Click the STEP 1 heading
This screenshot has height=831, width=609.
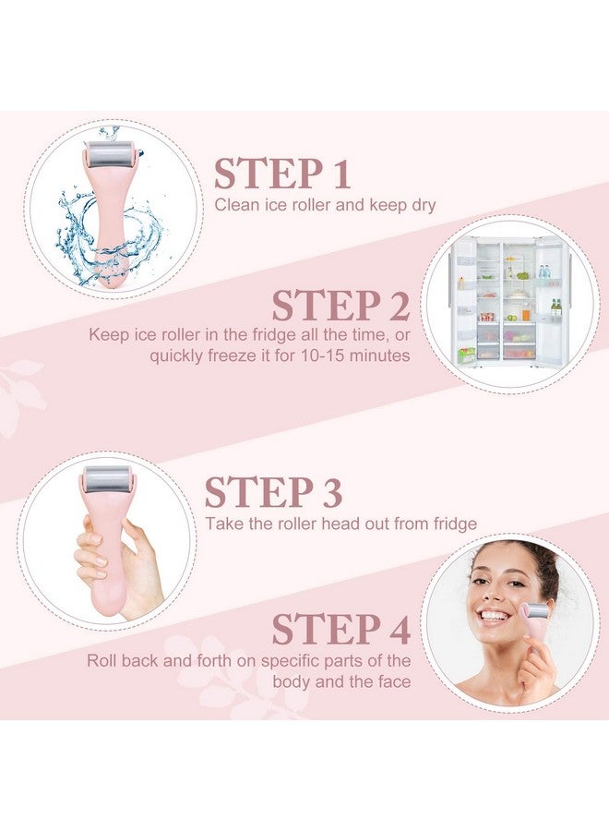point(282,174)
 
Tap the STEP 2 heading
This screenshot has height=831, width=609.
point(340,305)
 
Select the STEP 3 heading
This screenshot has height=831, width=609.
point(273,492)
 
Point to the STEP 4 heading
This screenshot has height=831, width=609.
point(340,629)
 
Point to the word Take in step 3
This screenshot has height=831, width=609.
point(221,524)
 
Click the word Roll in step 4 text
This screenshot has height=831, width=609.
point(102,660)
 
